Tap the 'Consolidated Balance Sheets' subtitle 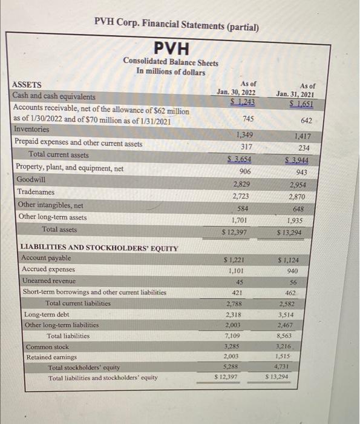[171, 61]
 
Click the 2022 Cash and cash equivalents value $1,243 [241, 101]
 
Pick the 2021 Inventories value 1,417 [300, 137]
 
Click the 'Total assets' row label [59, 230]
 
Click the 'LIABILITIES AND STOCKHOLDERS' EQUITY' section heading [99, 248]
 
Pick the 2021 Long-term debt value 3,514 [288, 315]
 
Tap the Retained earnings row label [50, 357]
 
